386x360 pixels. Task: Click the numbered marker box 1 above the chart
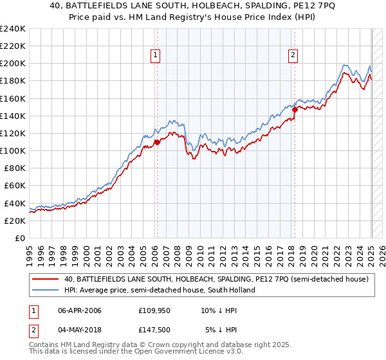point(156,56)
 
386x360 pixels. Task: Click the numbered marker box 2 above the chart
point(293,56)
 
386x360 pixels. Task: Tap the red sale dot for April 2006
point(156,143)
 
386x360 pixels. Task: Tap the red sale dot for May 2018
point(294,109)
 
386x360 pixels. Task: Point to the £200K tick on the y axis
point(13,64)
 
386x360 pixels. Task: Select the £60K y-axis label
point(15,186)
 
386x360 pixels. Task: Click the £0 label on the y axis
point(20,238)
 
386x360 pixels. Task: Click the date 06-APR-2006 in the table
point(80,310)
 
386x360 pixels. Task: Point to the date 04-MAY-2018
point(80,330)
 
